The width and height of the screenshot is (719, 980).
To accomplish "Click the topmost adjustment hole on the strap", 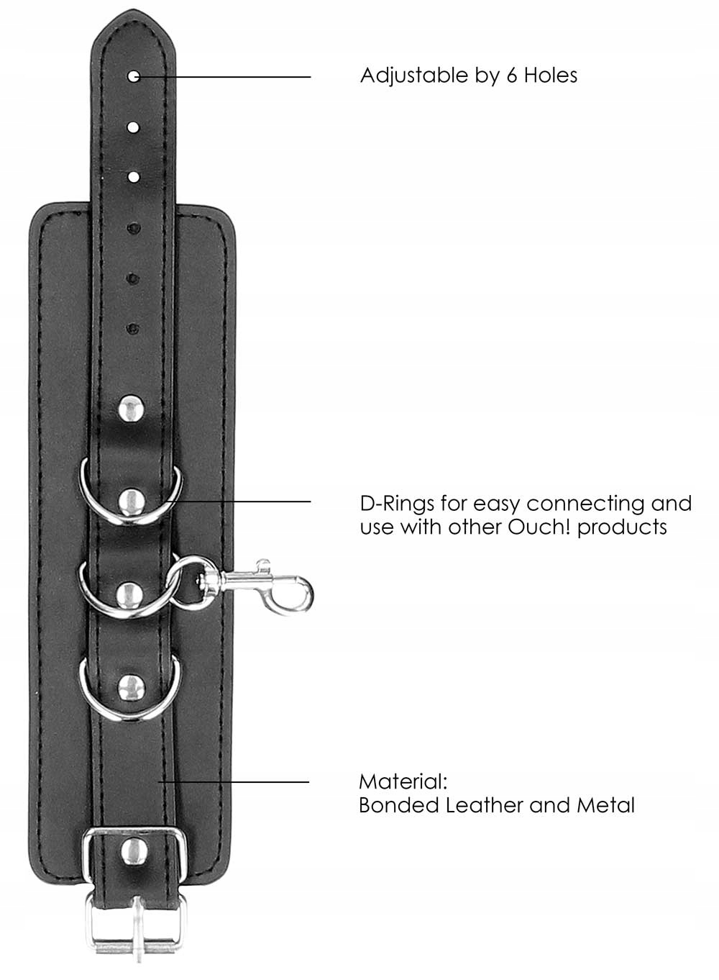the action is tap(134, 76).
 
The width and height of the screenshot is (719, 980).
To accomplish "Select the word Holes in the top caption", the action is tap(550, 76).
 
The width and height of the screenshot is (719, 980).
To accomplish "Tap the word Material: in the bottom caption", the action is tap(403, 781).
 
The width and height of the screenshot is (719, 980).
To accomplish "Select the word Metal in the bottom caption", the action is tap(605, 804).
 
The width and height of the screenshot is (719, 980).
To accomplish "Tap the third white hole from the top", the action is tap(134, 176).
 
